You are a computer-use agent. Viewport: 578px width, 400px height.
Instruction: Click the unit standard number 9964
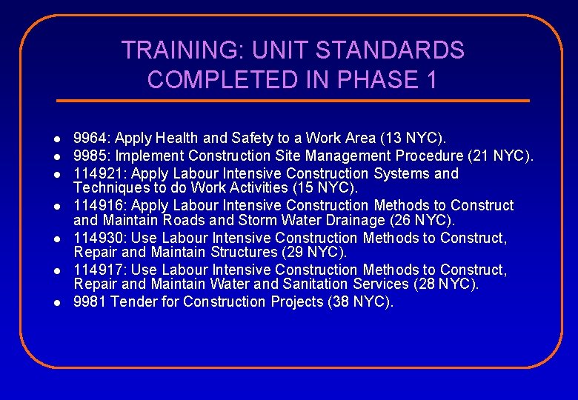pos(90,138)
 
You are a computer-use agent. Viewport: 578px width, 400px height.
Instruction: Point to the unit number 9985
pos(90,156)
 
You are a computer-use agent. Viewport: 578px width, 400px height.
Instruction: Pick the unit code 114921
pos(96,173)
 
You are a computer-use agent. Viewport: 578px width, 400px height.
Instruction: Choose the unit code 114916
pos(96,205)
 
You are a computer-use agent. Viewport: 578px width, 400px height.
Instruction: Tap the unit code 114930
pos(96,238)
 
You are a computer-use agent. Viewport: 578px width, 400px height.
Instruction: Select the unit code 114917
pos(96,270)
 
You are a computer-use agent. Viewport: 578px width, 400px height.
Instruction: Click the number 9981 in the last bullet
pos(88,301)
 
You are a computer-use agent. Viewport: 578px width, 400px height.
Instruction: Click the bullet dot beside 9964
pos(56,139)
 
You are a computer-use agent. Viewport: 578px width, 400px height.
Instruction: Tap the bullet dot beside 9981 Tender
pos(56,303)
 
